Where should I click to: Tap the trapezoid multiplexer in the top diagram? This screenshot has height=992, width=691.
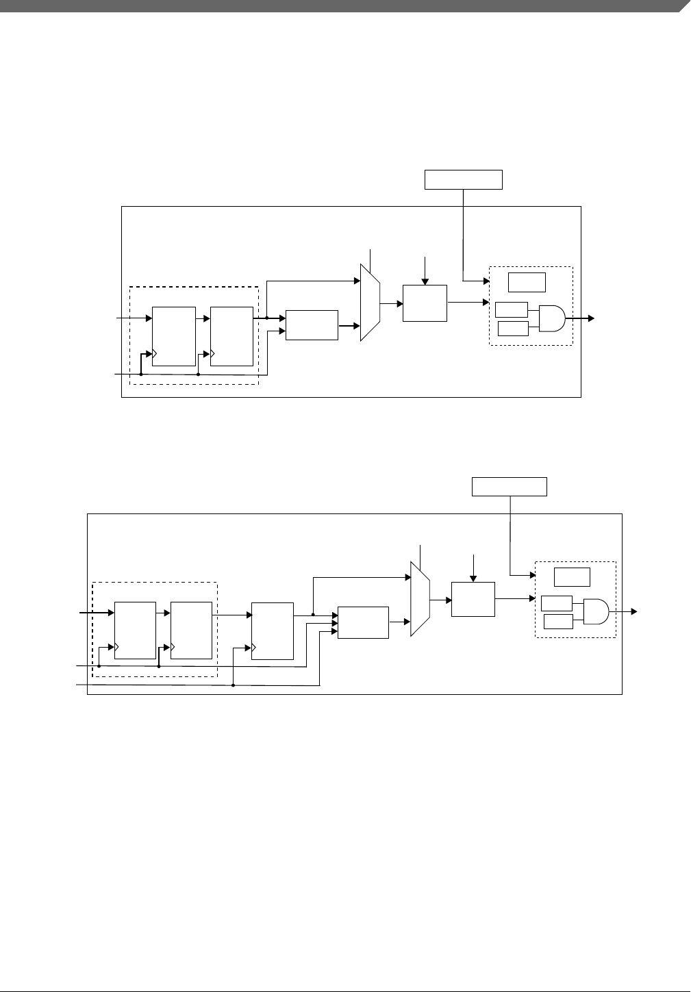click(x=370, y=301)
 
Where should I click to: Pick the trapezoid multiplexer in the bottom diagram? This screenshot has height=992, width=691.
click(x=420, y=599)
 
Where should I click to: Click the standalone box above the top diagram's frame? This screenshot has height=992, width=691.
click(x=464, y=179)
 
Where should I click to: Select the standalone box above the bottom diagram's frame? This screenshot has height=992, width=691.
click(x=510, y=487)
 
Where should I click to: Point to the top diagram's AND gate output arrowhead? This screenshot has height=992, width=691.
click(x=591, y=318)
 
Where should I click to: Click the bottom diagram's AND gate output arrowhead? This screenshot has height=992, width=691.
click(x=635, y=611)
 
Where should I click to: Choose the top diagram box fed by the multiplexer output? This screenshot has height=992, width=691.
click(x=425, y=303)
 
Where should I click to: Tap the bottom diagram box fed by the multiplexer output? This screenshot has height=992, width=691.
click(x=473, y=599)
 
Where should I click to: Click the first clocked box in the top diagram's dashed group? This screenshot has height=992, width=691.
click(x=173, y=336)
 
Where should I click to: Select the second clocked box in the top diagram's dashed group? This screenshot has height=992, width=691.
click(x=231, y=336)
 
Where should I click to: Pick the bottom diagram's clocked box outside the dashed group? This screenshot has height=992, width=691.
click(x=272, y=631)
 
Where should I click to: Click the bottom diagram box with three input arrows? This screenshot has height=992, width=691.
click(x=363, y=622)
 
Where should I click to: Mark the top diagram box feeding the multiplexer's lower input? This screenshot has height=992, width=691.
click(x=312, y=325)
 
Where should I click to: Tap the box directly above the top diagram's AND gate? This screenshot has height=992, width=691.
click(x=527, y=282)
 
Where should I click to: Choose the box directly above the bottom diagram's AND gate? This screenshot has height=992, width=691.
click(x=572, y=576)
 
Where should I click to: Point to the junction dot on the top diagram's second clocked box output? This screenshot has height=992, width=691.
click(x=266, y=318)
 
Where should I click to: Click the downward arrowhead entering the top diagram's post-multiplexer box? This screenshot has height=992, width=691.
click(x=425, y=281)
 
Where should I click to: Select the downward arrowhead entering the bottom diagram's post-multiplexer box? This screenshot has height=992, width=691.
click(x=473, y=578)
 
